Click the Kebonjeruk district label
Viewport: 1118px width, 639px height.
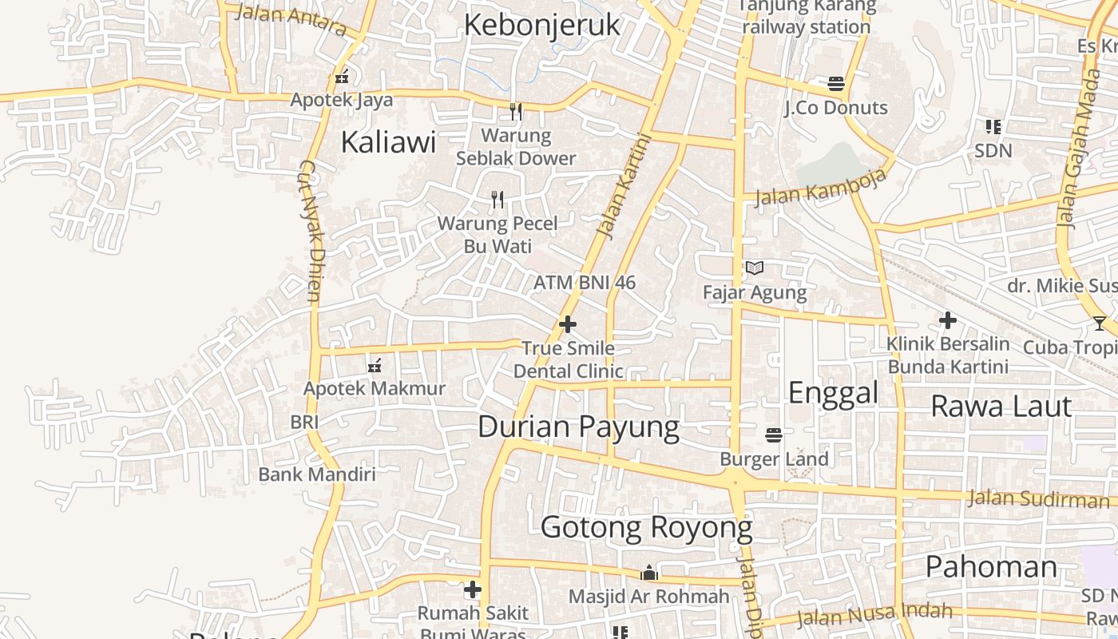tap(541, 25)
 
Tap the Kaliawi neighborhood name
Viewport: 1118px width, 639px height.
tap(388, 142)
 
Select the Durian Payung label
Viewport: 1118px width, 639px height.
tap(578, 427)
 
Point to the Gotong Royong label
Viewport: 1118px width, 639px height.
tap(646, 528)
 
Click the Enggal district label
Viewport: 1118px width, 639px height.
tap(833, 392)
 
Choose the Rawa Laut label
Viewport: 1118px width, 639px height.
tap(1001, 406)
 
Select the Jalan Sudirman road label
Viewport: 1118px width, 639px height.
tap(1038, 499)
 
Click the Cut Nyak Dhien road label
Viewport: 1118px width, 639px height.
tap(309, 232)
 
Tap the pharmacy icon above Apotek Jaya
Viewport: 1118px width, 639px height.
tap(342, 77)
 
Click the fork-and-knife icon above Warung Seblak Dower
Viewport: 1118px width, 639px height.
tap(516, 112)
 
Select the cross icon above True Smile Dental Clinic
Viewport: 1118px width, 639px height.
tap(568, 324)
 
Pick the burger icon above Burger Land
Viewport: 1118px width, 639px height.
tap(773, 435)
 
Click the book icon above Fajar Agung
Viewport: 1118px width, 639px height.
tap(755, 268)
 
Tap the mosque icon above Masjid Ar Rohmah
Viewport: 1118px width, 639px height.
tap(648, 573)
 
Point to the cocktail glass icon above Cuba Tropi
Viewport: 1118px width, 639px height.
tap(1100, 323)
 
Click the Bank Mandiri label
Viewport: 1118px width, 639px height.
tap(316, 474)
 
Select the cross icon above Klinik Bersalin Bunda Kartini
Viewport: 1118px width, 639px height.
tap(948, 320)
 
